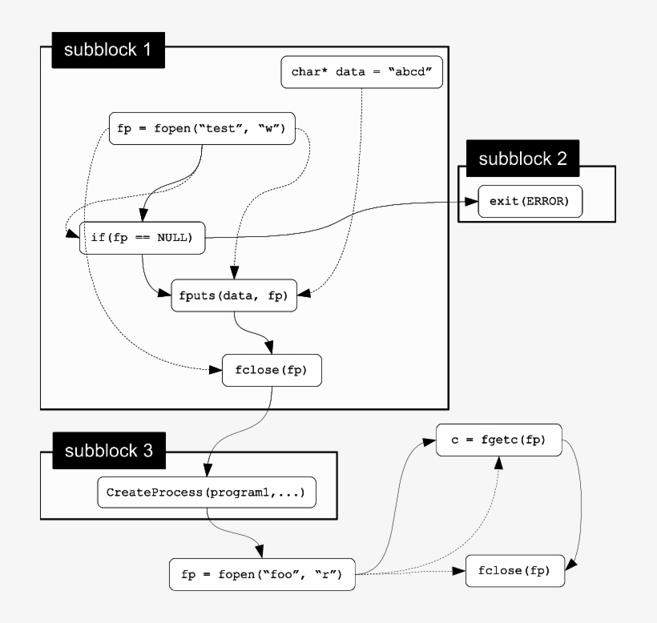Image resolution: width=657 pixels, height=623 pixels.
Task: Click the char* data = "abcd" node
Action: coord(361,71)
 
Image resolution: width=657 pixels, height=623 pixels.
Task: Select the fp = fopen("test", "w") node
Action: coord(202,128)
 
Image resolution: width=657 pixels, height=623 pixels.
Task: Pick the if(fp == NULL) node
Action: coord(142,238)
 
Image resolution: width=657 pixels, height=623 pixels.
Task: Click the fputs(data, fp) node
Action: coord(233,295)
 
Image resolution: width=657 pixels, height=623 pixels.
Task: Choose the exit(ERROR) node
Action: coord(529,201)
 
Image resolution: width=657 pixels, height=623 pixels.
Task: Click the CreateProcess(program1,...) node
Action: coord(206,492)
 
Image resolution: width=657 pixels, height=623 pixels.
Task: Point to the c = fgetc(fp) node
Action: coord(498,440)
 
